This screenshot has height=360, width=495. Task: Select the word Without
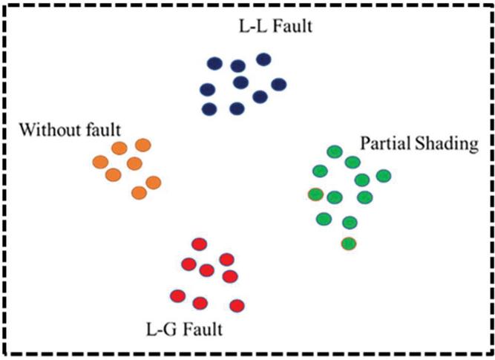[47, 131]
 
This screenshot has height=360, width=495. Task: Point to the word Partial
[381, 143]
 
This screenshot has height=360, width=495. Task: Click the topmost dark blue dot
[263, 59]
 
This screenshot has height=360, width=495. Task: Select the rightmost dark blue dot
[278, 85]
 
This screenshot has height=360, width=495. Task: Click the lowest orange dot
[139, 193]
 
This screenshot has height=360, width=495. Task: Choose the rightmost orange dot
[154, 182]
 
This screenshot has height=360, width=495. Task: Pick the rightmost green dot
[383, 176]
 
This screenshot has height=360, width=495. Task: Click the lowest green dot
[347, 243]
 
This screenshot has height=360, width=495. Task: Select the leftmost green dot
[315, 195]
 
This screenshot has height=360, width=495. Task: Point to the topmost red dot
[199, 243]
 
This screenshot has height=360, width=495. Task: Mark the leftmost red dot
[177, 296]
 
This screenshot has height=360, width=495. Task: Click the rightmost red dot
[237, 305]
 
